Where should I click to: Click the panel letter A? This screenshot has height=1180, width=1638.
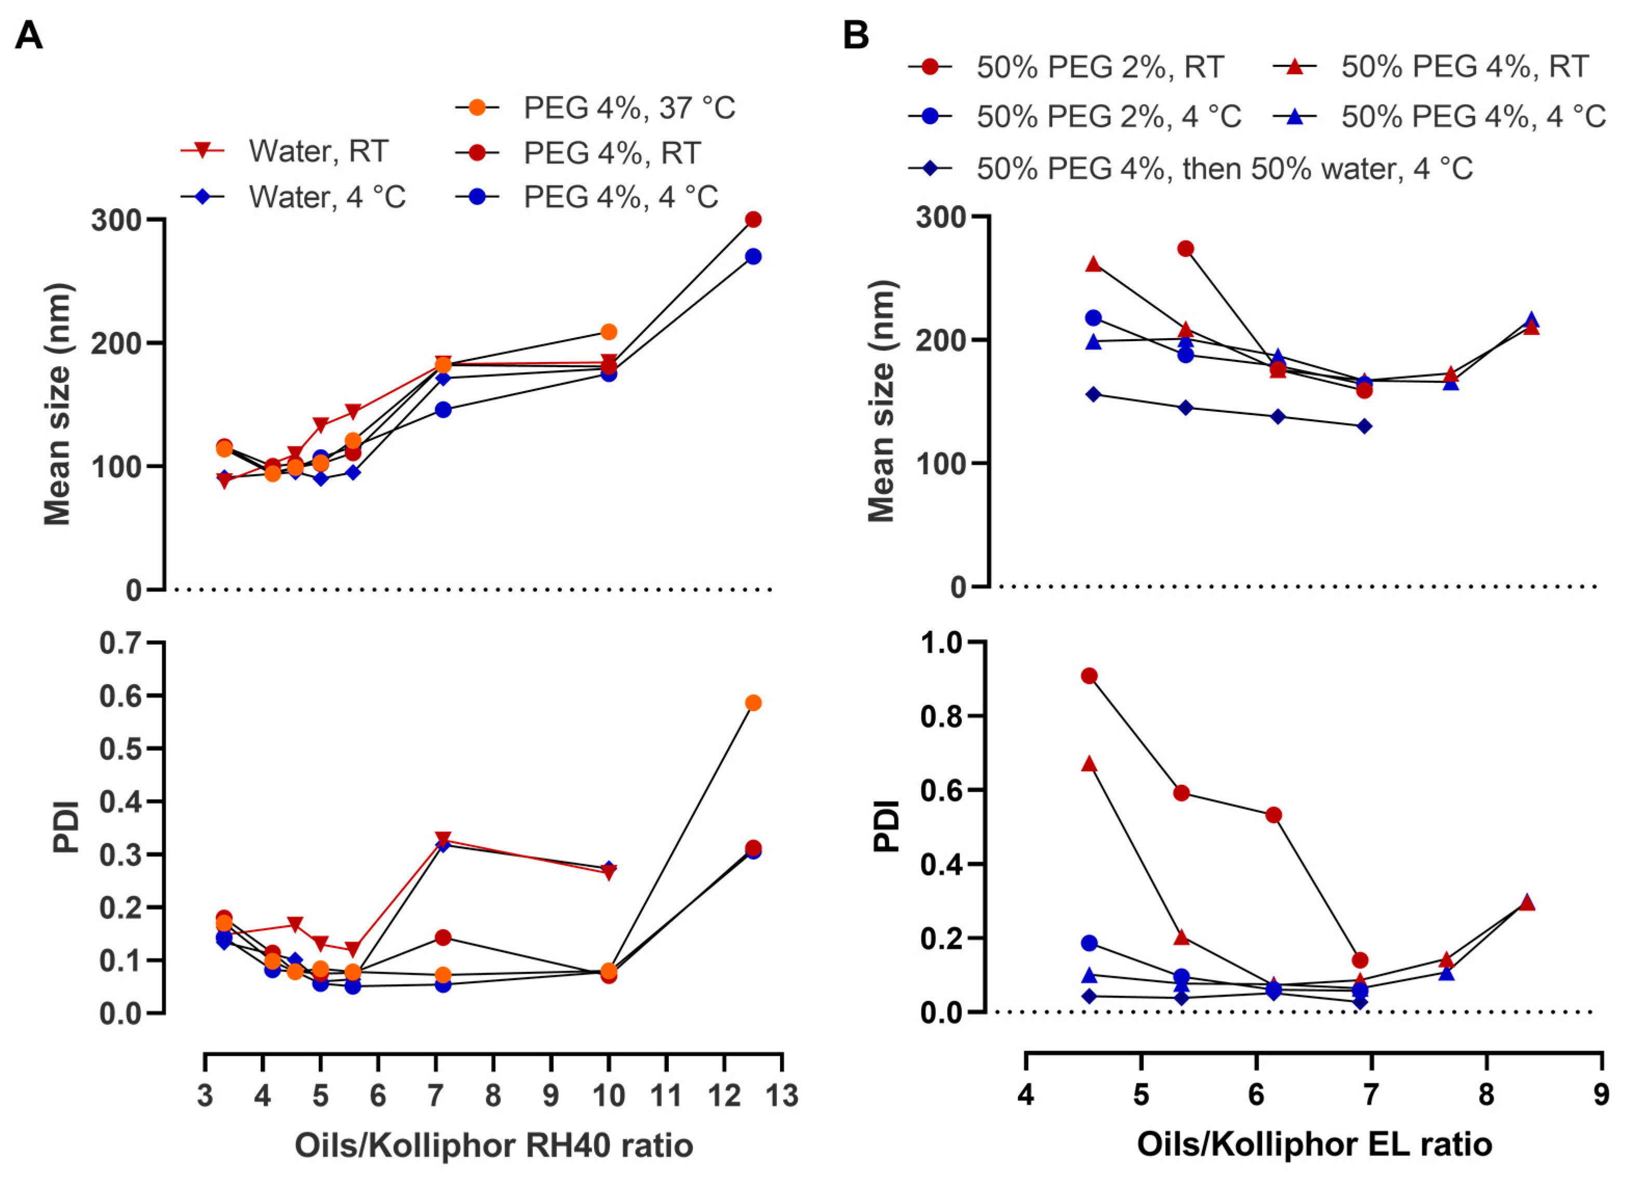pos(29,35)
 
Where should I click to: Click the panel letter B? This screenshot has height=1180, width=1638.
pos(856,35)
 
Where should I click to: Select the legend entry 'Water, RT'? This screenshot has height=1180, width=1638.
pos(318,151)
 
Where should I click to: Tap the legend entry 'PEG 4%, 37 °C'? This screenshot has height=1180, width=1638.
pos(628,108)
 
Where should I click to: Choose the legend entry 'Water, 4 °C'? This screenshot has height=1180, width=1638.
pos(327,196)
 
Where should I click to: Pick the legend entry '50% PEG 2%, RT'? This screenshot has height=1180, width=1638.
pos(1099,67)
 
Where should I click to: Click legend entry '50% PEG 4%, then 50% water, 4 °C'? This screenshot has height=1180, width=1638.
pos(1224,168)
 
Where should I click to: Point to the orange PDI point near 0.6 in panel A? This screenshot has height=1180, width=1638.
pos(753,703)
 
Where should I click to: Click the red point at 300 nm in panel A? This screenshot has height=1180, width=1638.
pos(753,220)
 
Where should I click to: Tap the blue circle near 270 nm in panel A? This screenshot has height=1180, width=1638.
pos(753,257)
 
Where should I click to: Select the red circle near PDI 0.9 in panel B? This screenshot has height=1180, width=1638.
pos(1090,676)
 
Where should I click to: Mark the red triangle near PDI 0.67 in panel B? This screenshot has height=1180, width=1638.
pos(1090,764)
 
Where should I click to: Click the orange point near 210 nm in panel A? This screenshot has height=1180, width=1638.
pos(609,331)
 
